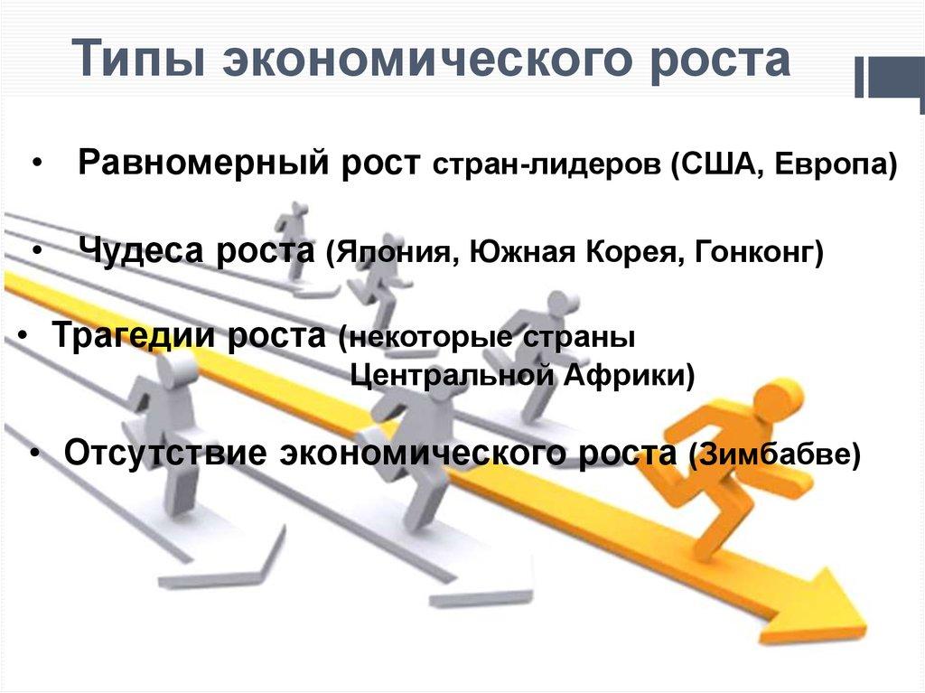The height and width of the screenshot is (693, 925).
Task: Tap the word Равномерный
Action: coord(204,165)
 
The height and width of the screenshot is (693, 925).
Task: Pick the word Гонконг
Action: coord(757,252)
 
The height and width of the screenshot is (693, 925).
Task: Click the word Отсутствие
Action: coord(164,451)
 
